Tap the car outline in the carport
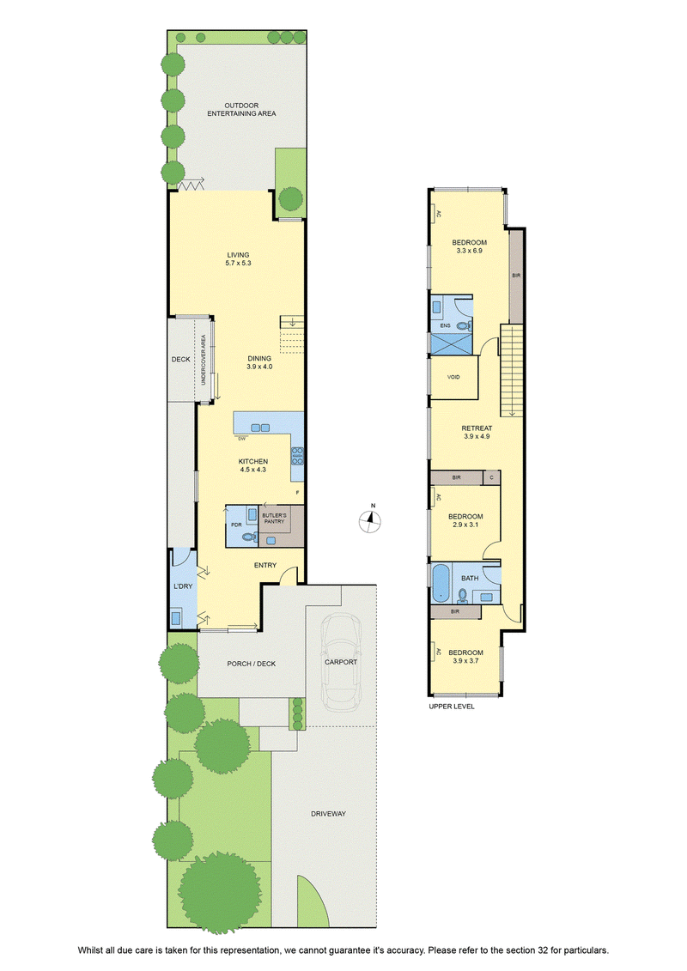(x=341, y=661)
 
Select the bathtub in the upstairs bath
(x=441, y=582)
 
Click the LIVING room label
(x=238, y=254)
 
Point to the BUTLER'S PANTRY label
(x=274, y=519)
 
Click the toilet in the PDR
(x=249, y=537)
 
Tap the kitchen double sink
(x=261, y=428)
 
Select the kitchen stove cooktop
(x=297, y=456)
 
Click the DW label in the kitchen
(x=241, y=439)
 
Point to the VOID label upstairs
(x=453, y=377)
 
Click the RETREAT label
(x=477, y=428)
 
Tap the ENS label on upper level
(x=445, y=325)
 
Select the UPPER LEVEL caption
(x=452, y=706)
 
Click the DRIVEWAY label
(x=328, y=814)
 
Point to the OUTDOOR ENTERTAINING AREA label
(x=241, y=110)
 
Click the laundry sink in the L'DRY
(x=177, y=617)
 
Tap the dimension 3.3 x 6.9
(x=469, y=251)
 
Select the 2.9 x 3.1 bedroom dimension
(x=465, y=525)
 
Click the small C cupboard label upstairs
(x=492, y=477)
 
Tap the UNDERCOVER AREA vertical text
(x=204, y=360)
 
